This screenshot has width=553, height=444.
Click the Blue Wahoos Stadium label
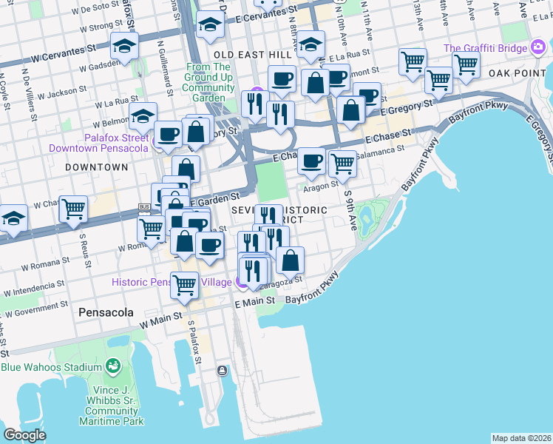point(50,368)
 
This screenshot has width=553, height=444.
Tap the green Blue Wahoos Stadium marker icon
point(112,366)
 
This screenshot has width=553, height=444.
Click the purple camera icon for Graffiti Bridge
point(539,49)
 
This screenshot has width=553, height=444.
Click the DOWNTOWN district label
point(96,167)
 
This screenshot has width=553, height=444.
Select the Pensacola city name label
point(106,313)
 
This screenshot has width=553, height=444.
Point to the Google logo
point(24,435)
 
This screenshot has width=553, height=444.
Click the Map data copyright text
point(521,438)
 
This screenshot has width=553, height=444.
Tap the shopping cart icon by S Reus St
point(73,209)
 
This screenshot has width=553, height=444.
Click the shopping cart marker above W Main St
point(185,283)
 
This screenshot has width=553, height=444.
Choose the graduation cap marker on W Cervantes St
point(124,46)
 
